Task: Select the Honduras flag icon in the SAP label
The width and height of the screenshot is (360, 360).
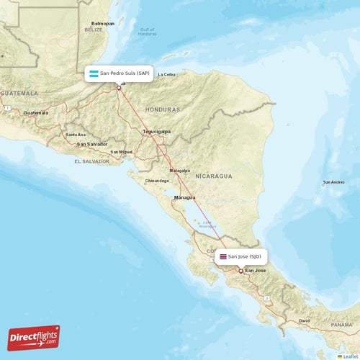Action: (x=94, y=73)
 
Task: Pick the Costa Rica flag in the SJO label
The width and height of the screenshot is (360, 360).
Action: (x=223, y=256)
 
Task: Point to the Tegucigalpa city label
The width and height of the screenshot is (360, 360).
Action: (x=156, y=132)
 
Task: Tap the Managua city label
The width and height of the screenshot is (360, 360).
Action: (x=186, y=196)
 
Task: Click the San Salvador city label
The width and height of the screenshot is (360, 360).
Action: (x=92, y=144)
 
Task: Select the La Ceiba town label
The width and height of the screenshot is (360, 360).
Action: (x=166, y=74)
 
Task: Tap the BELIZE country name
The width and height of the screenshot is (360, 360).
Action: (x=94, y=31)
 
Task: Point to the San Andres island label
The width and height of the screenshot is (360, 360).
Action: (x=333, y=182)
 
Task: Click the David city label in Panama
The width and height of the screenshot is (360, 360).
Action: (x=305, y=320)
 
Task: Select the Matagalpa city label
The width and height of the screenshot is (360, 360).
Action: (x=180, y=170)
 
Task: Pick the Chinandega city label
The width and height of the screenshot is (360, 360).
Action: (x=157, y=180)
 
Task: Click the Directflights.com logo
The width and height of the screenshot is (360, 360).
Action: (x=34, y=337)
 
